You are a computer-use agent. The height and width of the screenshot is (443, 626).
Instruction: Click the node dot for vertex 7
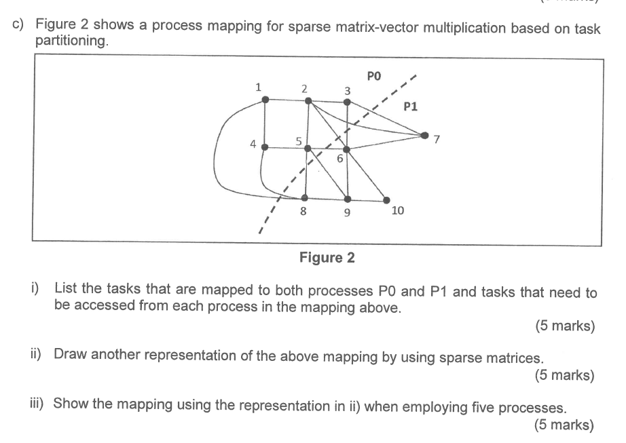click(426, 134)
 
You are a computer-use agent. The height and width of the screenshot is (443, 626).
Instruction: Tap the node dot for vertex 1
click(265, 100)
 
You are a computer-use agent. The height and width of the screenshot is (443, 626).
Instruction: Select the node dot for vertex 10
click(387, 199)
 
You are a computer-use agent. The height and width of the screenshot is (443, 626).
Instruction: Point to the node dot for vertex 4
click(265, 147)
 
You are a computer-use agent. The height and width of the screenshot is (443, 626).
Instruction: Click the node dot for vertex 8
click(305, 198)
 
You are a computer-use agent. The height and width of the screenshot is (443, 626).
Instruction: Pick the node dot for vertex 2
click(308, 100)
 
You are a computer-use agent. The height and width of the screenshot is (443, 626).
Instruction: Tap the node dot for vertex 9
click(348, 199)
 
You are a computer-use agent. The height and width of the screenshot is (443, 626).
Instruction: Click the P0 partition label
click(374, 75)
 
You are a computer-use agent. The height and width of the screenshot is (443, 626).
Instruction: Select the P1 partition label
click(411, 106)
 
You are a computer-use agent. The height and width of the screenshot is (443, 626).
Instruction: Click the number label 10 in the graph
click(398, 211)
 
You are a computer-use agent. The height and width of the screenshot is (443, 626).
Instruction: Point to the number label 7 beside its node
click(437, 140)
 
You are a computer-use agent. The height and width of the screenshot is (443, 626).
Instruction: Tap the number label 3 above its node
click(348, 90)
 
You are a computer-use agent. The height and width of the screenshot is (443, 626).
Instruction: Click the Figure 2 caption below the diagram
click(327, 258)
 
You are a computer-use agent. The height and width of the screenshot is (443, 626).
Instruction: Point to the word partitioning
click(71, 42)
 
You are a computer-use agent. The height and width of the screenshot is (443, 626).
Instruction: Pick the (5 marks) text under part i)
click(564, 326)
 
